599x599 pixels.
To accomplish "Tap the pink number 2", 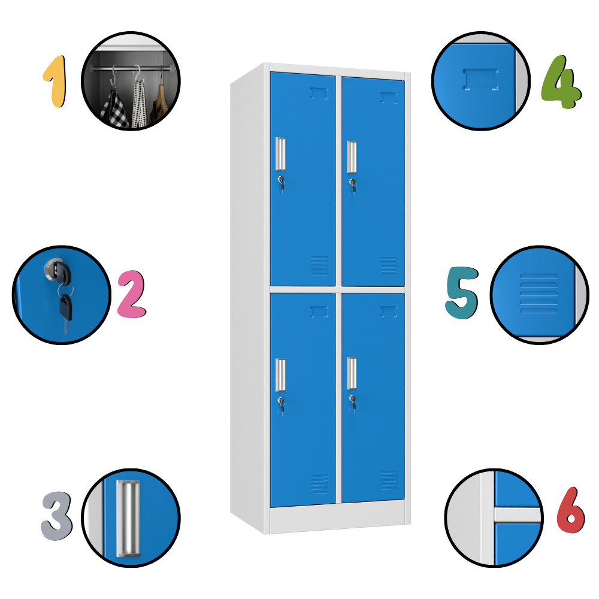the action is pos(132,294).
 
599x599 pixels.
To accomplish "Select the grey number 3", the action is pos(56,516).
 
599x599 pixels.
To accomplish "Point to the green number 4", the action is pos(561,83).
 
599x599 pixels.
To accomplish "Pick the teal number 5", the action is pos(462,293).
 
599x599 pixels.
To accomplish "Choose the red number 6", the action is pos(571,510).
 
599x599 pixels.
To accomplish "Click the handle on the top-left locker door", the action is pos(280,153).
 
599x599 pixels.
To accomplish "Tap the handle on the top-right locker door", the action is pos(352,156).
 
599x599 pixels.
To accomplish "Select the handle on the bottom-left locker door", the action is pos(280,375).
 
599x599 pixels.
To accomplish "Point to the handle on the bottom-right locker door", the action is pos(352,373).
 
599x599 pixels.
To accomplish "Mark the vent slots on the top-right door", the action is pos(389,267).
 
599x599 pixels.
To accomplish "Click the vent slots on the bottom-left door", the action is pos(319,484).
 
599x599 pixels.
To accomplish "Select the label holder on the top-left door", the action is pos(319,93).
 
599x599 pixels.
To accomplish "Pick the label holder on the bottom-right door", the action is pos(389,311).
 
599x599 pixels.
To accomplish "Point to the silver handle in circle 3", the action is pos(128,518).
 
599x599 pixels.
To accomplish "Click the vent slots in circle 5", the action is pos(539,294).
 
